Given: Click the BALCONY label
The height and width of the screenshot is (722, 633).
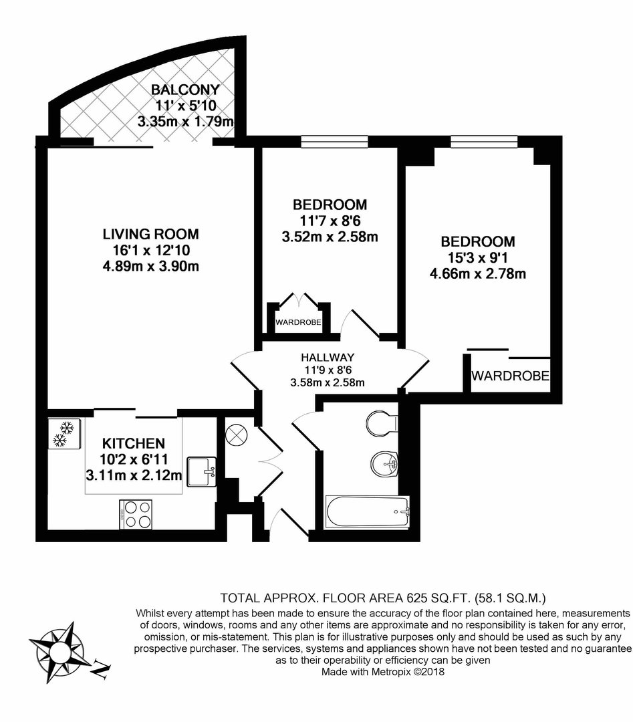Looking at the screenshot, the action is pyautogui.click(x=185, y=89).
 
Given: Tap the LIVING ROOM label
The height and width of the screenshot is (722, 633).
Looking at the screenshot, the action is pyautogui.click(x=150, y=234).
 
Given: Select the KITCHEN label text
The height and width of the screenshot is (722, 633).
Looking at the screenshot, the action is pyautogui.click(x=133, y=443).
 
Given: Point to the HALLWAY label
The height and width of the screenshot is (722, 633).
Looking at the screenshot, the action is pyautogui.click(x=328, y=357).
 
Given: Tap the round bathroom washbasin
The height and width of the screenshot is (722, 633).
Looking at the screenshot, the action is pyautogui.click(x=384, y=463).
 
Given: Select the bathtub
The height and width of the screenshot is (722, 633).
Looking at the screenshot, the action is pyautogui.click(x=367, y=511).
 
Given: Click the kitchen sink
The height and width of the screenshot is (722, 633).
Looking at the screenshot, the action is pyautogui.click(x=202, y=471).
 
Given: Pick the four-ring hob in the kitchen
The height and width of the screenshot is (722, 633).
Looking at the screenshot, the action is pyautogui.click(x=135, y=514).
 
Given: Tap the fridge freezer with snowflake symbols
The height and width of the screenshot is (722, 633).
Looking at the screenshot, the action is pyautogui.click(x=64, y=433).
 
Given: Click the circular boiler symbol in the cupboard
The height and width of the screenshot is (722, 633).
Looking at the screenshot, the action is pyautogui.click(x=237, y=435).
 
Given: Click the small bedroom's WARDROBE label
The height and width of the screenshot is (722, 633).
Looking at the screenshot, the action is pyautogui.click(x=298, y=322).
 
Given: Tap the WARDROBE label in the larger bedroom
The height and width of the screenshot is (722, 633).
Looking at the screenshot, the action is pyautogui.click(x=510, y=376).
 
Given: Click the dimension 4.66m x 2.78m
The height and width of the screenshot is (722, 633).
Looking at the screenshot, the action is pyautogui.click(x=477, y=274).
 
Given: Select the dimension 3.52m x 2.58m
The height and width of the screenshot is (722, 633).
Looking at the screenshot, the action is pyautogui.click(x=330, y=237).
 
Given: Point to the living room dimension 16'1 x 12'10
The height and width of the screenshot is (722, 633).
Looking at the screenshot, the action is pyautogui.click(x=152, y=250).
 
